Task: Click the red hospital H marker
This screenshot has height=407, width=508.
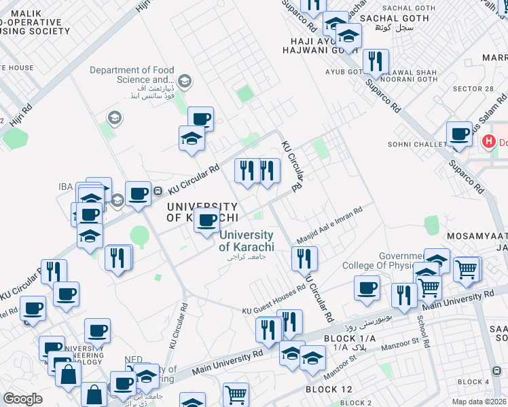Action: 487,142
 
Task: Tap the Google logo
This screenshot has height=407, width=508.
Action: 22,399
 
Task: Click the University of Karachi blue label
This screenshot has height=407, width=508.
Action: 246,241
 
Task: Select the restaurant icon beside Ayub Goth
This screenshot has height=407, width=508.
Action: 375,62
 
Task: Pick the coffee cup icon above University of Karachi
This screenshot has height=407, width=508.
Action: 207,220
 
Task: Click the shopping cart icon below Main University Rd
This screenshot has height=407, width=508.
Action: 236,394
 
